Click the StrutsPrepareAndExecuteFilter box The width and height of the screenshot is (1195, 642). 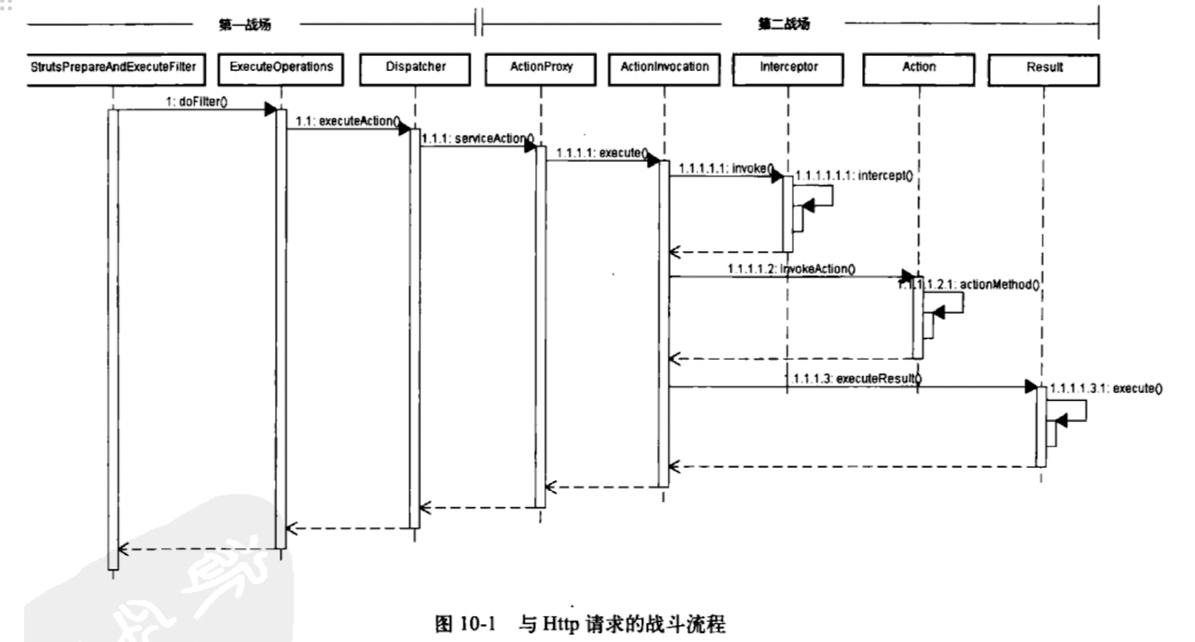(x=113, y=68)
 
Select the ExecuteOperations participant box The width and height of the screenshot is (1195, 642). (x=281, y=68)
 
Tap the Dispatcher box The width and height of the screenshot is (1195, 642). (x=415, y=68)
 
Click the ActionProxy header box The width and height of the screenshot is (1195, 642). (x=541, y=68)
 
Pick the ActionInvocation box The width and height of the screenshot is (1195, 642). (x=664, y=68)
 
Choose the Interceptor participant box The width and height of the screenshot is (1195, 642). (x=788, y=68)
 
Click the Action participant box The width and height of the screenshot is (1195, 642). (x=919, y=68)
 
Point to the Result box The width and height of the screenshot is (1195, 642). (x=1044, y=69)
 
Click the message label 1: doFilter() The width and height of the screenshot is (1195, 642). (x=197, y=101)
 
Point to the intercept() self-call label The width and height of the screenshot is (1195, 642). (x=854, y=176)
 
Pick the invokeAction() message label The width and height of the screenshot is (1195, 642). (x=792, y=269)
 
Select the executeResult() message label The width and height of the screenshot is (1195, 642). (x=854, y=378)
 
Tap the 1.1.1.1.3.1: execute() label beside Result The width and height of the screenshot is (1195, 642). (x=1106, y=388)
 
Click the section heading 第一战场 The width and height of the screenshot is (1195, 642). (x=245, y=25)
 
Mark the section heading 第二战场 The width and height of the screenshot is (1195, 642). (x=783, y=24)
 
